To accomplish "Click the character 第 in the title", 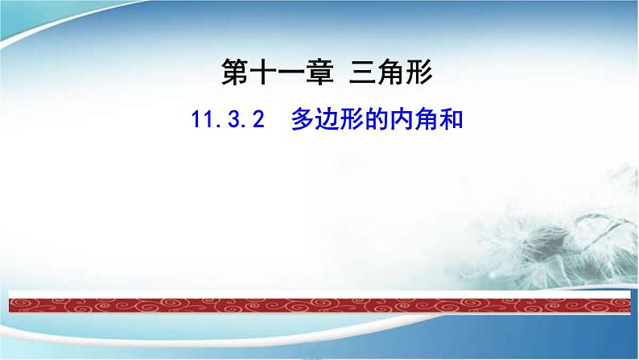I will (x=234, y=76).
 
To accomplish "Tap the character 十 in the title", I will (x=264, y=76).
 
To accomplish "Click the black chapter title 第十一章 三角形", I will (x=328, y=76).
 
